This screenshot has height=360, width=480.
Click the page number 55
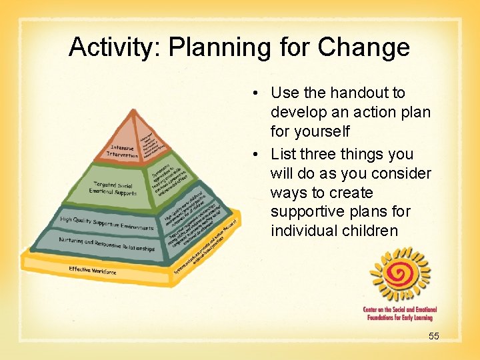tap(433, 336)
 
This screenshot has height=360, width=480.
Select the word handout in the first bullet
tap(370, 93)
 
